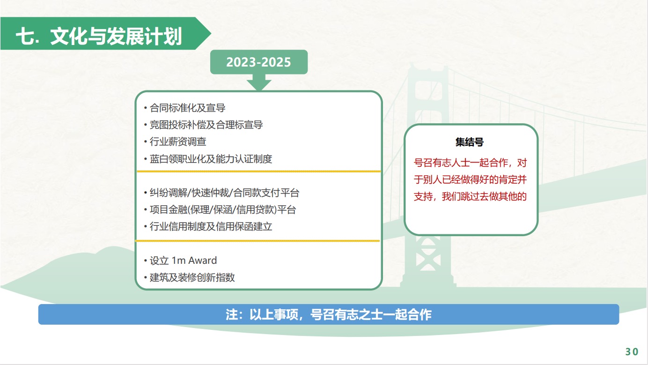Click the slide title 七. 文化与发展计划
pyautogui.click(x=99, y=37)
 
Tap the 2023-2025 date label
pyautogui.click(x=258, y=62)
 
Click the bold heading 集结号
pyautogui.click(x=470, y=142)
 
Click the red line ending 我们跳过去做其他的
pyautogui.click(x=470, y=196)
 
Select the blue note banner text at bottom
pyautogui.click(x=329, y=315)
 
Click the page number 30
pyautogui.click(x=632, y=352)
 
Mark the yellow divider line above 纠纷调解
pyautogui.click(x=259, y=171)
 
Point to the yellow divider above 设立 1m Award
pyautogui.click(x=258, y=240)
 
